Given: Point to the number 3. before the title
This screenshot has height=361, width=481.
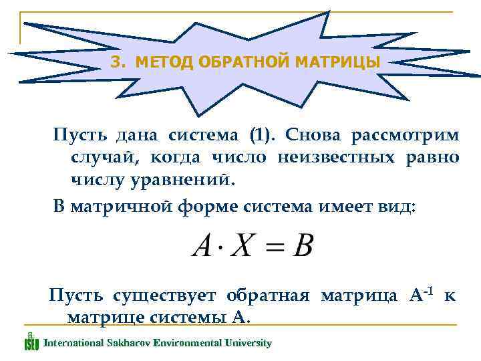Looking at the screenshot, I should coord(118,63).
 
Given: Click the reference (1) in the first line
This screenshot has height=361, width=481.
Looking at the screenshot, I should coord(261,135).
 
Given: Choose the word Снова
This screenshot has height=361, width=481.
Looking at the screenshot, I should coord(311,135).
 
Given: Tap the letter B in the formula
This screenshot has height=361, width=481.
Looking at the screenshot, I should coord(303,247).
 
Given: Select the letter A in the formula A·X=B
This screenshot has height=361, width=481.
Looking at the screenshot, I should coord(202,247).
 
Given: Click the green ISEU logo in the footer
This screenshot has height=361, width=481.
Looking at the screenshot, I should coord(31,342).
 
